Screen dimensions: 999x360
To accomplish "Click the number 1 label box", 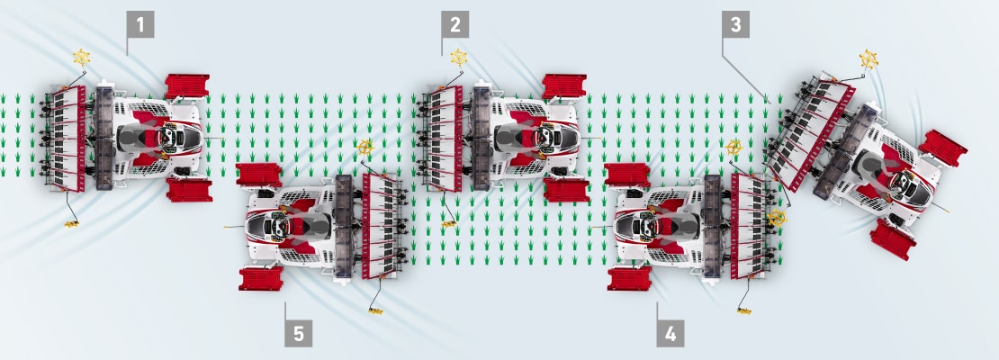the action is point(140,24).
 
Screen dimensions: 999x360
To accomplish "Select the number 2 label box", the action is point(454,24).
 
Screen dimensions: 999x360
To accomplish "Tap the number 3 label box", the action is point(736,24).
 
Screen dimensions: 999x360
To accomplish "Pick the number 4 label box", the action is point(670,333).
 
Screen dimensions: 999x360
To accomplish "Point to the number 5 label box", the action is point(298,333).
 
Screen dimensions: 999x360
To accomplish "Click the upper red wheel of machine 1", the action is point(187,86).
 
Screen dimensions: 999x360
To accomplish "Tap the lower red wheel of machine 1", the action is point(189,190).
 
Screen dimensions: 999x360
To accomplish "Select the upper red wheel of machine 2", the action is point(564,86).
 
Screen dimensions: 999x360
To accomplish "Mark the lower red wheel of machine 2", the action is point(566,190).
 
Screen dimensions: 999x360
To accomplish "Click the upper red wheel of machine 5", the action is point(258,175).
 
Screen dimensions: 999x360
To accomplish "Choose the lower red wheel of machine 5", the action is point(261,278).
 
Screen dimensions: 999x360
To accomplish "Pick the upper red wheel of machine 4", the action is point(627,175).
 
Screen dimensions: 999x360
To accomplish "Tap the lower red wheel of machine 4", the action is point(629,278).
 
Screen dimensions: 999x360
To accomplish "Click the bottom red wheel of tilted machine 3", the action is point(893,239).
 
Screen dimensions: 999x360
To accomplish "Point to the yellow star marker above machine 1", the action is point(81,58).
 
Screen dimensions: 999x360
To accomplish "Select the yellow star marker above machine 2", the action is point(459,58).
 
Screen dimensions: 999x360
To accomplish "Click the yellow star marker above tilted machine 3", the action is point(868,59).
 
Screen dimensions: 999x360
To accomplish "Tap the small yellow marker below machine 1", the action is point(71,223).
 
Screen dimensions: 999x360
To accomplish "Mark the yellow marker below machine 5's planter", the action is point(375,310).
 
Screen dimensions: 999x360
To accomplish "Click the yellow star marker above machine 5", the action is point(365,148).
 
